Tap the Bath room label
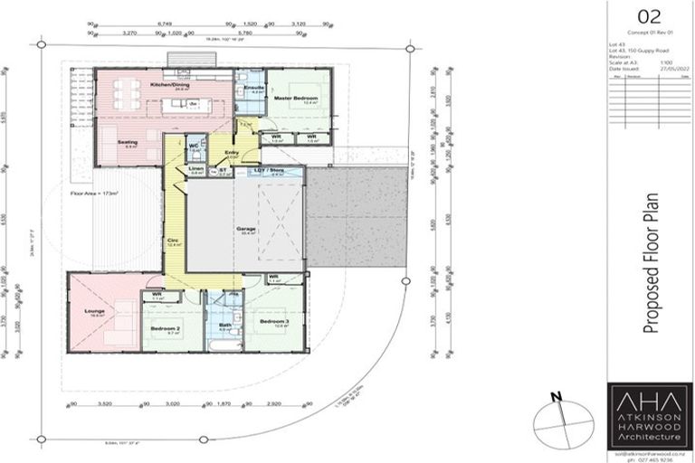pos(226,325)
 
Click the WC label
pos(194,145)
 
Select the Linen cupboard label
pos(196,168)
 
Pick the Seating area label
pos(129,142)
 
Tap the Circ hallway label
pos(173,241)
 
